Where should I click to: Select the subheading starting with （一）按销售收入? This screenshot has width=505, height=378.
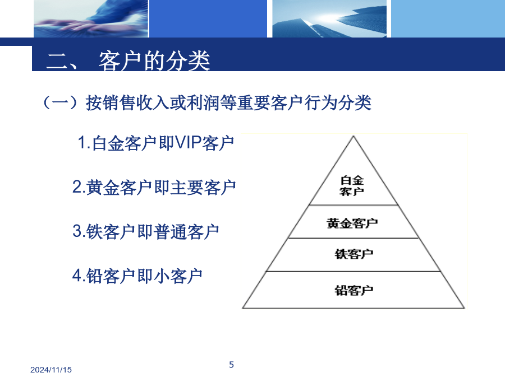click(207, 103)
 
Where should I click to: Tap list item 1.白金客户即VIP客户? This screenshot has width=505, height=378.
click(156, 143)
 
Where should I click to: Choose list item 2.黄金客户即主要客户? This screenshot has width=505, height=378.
click(154, 187)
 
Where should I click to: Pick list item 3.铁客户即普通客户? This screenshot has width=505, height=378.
click(146, 231)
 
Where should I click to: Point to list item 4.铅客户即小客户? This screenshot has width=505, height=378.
click(137, 276)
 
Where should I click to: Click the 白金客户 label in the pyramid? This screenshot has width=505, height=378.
click(352, 185)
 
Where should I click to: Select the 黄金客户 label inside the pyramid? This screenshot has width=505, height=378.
click(352, 223)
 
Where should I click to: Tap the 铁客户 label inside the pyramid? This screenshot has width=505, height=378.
click(354, 254)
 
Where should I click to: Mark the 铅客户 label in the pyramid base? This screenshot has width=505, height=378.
click(354, 290)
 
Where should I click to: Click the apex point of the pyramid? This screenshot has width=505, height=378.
click(353, 136)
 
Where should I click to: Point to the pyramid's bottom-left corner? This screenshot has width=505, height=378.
click(242, 308)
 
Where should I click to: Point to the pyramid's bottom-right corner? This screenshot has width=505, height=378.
click(465, 308)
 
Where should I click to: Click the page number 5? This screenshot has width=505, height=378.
click(231, 365)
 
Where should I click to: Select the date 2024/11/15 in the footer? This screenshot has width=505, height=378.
click(51, 370)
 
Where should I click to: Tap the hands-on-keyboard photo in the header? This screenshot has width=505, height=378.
click(91, 18)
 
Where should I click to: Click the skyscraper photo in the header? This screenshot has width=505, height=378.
click(329, 18)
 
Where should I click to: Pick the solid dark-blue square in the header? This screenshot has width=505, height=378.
click(208, 18)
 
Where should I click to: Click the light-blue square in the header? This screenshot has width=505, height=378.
click(448, 18)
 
